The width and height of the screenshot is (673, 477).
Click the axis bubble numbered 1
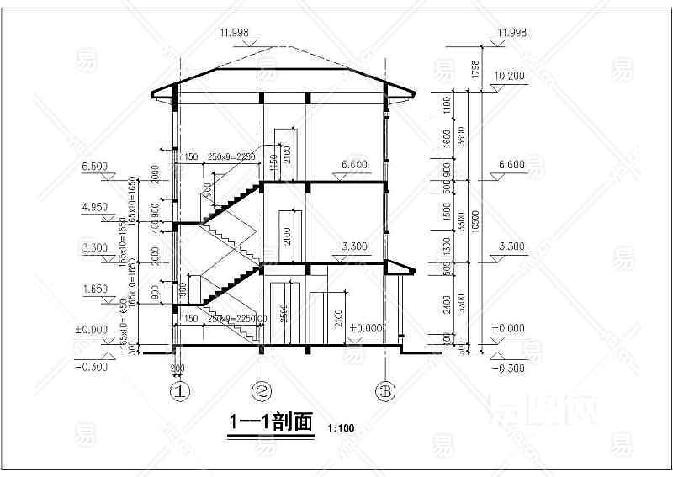point(178,390)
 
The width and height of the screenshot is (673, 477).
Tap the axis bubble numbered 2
point(262,390)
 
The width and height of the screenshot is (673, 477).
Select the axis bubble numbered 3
point(385,390)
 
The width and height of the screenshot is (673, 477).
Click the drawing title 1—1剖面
point(271,422)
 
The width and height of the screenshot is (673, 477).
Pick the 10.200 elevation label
point(511,75)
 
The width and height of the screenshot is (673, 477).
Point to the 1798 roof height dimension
point(476,67)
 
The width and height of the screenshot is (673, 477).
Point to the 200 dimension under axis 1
point(178,369)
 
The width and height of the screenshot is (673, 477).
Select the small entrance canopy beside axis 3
point(400,268)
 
